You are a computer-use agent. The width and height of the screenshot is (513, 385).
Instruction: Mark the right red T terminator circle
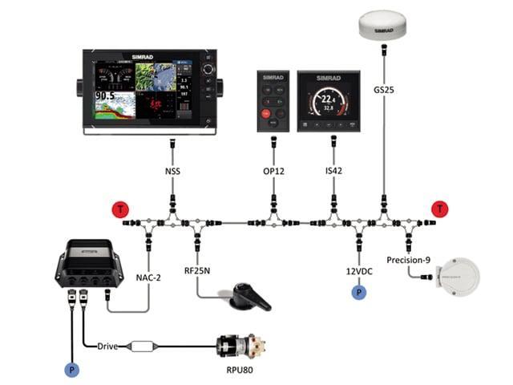(x=439, y=210)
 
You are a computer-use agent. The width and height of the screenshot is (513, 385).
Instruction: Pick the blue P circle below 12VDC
(x=356, y=293)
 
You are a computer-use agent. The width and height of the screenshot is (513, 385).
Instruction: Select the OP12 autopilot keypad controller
(x=272, y=100)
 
